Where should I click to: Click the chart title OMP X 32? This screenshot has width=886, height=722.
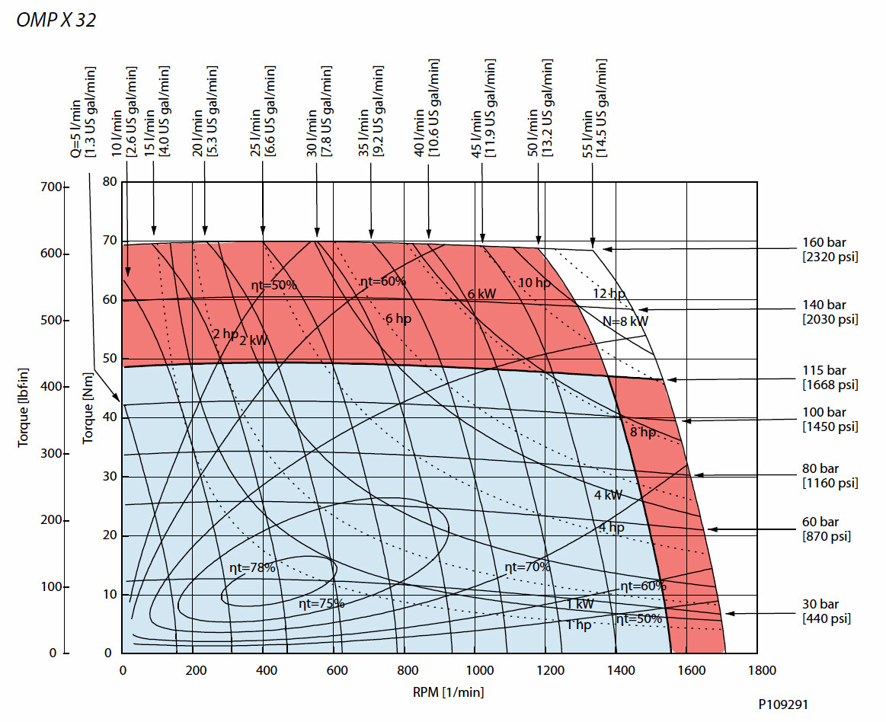pos(56,21)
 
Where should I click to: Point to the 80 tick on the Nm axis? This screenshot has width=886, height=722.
pos(110,181)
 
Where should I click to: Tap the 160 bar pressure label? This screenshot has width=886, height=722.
pos(824,243)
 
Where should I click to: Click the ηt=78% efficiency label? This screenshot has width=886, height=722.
pos(252,567)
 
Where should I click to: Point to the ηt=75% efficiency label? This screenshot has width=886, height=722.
pos(321,603)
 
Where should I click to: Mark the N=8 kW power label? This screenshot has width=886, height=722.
pos(625,321)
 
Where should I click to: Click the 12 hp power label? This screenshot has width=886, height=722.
pos(609,293)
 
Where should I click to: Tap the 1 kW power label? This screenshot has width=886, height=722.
pos(580,604)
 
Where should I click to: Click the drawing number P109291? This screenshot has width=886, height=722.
pos(782,705)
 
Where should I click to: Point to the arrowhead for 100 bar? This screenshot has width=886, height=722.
pos(685,420)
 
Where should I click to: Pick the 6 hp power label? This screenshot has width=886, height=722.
pos(398,318)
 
